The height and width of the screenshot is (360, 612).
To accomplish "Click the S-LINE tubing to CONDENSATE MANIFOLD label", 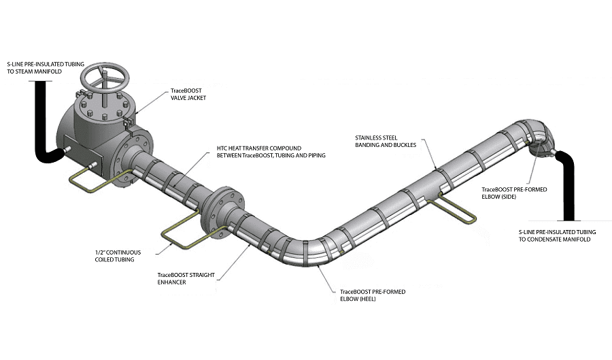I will (x=550, y=234).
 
